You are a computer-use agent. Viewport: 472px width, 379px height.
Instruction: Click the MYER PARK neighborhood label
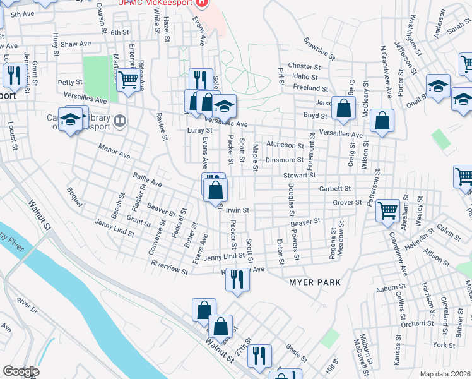point(315,282)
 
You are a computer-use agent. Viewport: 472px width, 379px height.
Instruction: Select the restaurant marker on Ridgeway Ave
point(237,279)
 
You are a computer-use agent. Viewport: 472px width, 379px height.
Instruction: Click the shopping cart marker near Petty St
point(128,81)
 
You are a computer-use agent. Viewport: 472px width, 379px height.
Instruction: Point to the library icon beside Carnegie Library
point(118,119)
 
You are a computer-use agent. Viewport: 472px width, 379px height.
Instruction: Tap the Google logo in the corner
point(21,371)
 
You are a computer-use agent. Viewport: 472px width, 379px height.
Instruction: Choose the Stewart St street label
point(299,175)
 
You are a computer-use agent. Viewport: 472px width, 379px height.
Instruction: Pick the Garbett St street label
point(334,188)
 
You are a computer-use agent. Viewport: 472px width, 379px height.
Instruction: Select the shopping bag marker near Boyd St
point(343,108)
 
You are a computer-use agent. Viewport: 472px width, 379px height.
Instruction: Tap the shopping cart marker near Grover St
point(387,210)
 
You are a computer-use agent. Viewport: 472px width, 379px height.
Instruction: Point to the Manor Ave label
point(114,152)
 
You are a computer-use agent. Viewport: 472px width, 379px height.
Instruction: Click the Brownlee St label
point(318,49)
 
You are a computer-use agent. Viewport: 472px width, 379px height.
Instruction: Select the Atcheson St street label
point(285,145)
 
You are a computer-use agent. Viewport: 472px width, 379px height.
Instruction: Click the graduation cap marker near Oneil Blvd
point(438,85)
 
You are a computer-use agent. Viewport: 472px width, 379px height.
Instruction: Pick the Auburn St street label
point(389,289)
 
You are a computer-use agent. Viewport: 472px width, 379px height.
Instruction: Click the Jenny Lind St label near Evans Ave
point(224,256)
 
